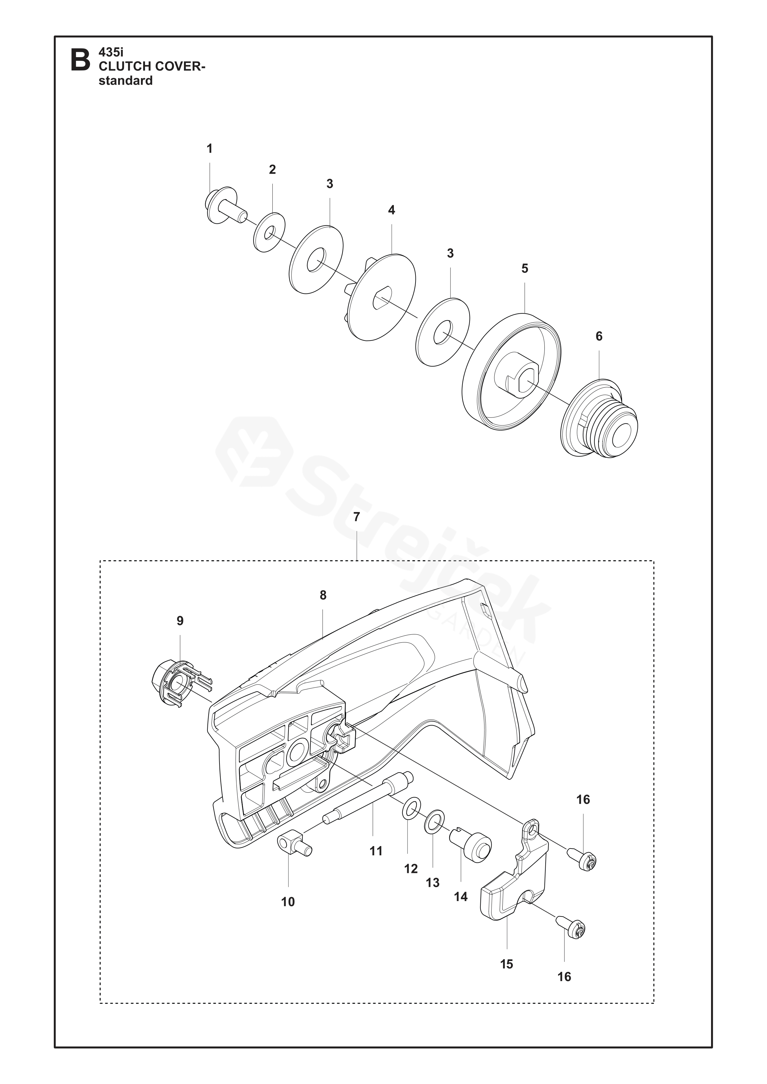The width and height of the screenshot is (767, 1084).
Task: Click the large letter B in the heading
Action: point(80,60)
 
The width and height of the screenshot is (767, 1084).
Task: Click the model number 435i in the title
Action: point(110,53)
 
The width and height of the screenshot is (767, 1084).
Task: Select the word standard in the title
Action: point(126,81)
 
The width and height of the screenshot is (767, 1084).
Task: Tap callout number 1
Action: point(210,149)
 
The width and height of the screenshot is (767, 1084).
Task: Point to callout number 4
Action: point(391,210)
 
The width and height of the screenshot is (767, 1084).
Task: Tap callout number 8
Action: point(323,595)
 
